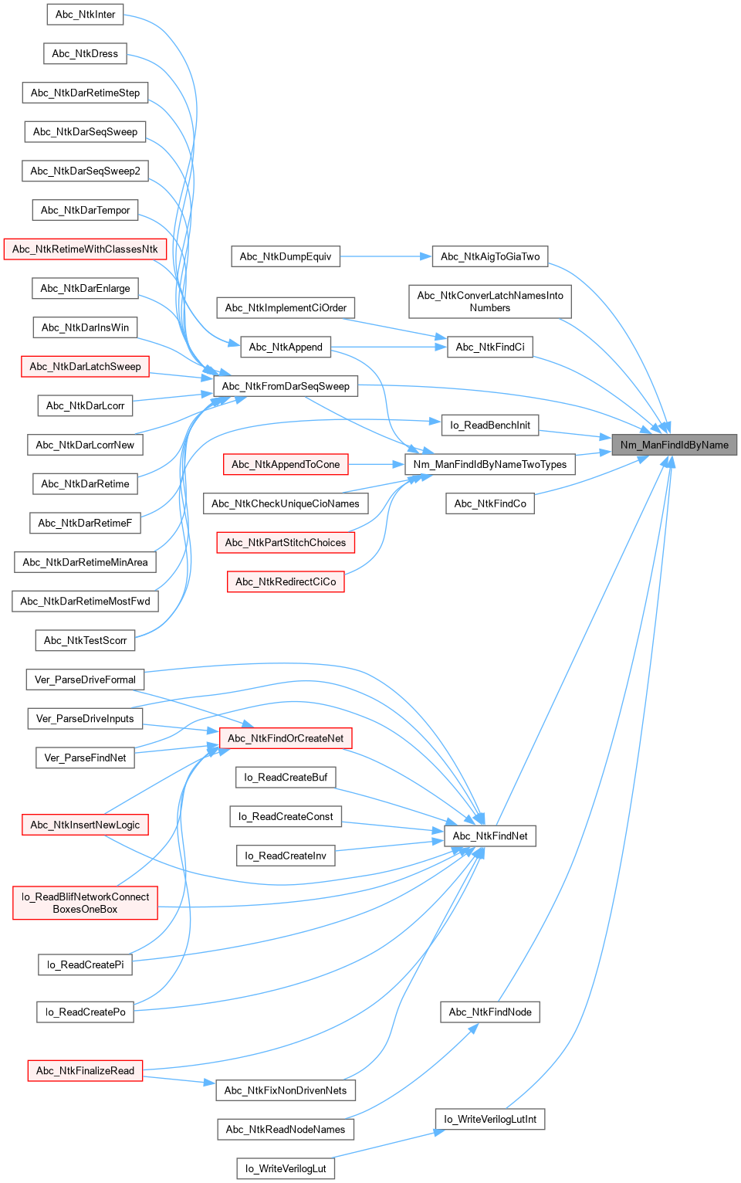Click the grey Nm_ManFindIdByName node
pyautogui.click(x=674, y=445)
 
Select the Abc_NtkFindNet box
pyautogui.click(x=490, y=836)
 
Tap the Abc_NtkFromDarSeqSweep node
pyautogui.click(x=286, y=386)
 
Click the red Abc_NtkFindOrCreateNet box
pyautogui.click(x=286, y=738)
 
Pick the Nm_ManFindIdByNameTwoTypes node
pyautogui.click(x=490, y=464)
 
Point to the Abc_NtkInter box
pyautogui.click(x=85, y=14)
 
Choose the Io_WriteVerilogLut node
pyautogui.click(x=286, y=1168)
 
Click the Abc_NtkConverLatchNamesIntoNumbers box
pyautogui.click(x=490, y=301)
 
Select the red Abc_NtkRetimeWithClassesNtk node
pyautogui.click(x=85, y=249)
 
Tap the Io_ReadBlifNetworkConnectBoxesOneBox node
pyautogui.click(x=85, y=903)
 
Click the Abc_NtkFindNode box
pyautogui.click(x=490, y=1012)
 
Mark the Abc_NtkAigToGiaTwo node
pyautogui.click(x=490, y=256)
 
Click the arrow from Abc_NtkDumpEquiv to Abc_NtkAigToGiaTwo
pyautogui.click(x=386, y=256)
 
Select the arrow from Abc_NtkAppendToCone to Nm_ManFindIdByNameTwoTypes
pyautogui.click(x=377, y=464)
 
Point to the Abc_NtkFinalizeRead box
pyautogui.click(x=85, y=1070)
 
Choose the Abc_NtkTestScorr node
pyautogui.click(x=85, y=640)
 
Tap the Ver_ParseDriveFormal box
pyautogui.click(x=85, y=680)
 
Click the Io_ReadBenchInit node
pyautogui.click(x=490, y=425)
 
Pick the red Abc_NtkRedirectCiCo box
pyautogui.click(x=286, y=581)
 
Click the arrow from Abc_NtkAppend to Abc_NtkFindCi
pyautogui.click(x=390, y=347)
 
